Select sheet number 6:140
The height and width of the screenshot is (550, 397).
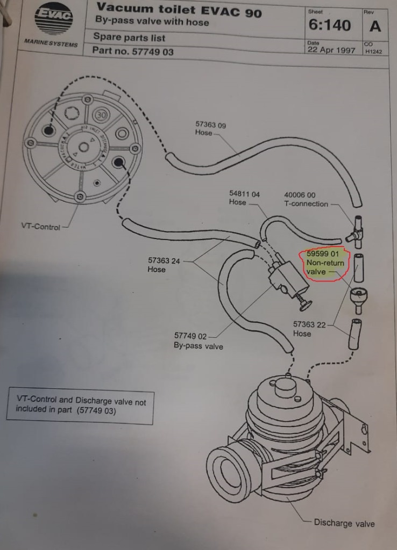[330, 25]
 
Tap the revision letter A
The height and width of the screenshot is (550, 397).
[375, 26]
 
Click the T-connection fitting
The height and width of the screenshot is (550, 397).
[356, 231]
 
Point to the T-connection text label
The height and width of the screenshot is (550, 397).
[306, 204]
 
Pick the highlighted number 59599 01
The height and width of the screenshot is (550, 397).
[323, 253]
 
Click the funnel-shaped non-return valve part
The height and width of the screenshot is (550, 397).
[358, 299]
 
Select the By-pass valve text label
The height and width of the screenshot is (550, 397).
[198, 346]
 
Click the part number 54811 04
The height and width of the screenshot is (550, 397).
[244, 194]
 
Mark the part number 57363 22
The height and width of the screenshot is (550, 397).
[309, 324]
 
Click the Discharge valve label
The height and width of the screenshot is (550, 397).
[344, 523]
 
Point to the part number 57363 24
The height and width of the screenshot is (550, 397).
[164, 260]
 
